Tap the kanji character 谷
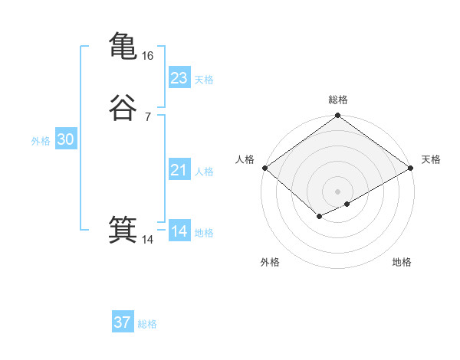[x=123, y=107]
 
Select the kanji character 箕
[x=123, y=231]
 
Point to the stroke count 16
[x=149, y=56]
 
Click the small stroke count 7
[x=147, y=116]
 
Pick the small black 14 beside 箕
[x=148, y=241]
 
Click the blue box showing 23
[x=179, y=78]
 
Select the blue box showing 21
[x=179, y=170]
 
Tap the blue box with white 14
[x=179, y=231]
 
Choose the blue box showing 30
[x=66, y=139]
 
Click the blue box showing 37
[x=123, y=322]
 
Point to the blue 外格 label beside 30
[x=41, y=141]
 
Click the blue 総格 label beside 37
[x=147, y=324]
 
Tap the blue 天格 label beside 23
[x=204, y=80]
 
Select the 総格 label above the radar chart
[x=338, y=100]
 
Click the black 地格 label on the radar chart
[x=402, y=263]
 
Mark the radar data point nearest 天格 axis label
[x=412, y=169]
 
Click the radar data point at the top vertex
[x=338, y=116]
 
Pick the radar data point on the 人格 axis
[x=264, y=169]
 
